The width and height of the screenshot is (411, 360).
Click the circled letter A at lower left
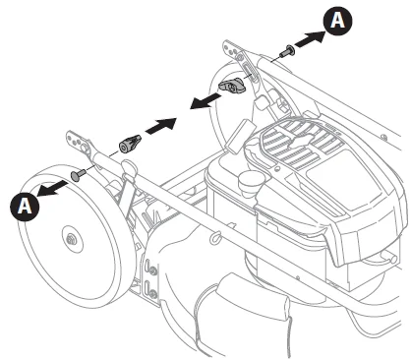point(24,205)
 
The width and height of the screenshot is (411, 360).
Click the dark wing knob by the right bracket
point(233,89)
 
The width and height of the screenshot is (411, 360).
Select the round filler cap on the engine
point(253,183)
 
